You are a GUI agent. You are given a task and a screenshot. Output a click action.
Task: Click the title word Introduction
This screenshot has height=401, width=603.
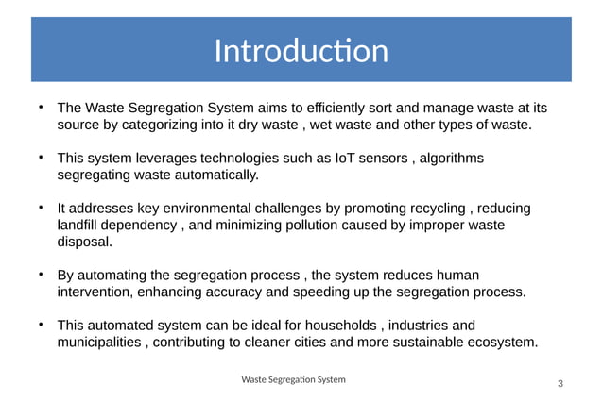click(x=301, y=51)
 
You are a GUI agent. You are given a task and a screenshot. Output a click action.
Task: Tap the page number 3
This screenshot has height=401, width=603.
click(x=560, y=383)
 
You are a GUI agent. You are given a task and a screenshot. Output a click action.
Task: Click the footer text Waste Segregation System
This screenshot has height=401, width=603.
click(x=293, y=379)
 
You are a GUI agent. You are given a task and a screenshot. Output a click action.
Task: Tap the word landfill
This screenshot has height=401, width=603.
click(x=79, y=226)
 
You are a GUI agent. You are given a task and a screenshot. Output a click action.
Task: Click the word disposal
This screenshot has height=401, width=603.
click(x=84, y=242)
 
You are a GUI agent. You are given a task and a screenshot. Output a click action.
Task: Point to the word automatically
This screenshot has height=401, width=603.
click(x=209, y=175)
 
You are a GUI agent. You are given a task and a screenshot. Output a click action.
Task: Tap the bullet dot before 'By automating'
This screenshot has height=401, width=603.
click(x=41, y=275)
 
